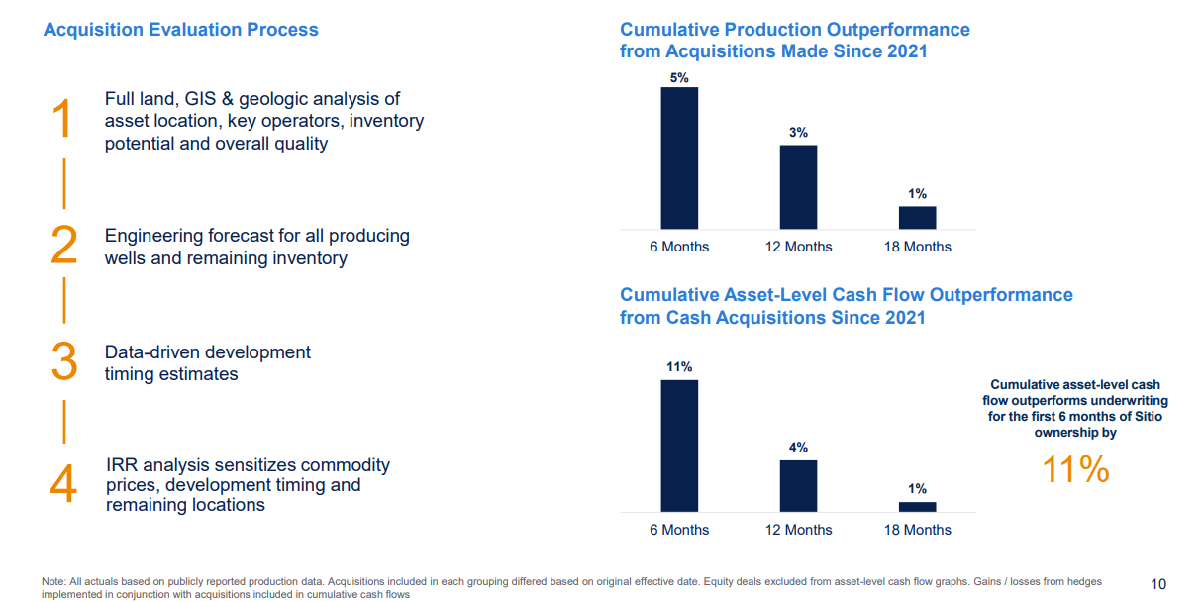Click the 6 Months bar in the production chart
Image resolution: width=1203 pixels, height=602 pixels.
[x=679, y=158]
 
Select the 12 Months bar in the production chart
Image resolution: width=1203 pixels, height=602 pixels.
[x=798, y=187]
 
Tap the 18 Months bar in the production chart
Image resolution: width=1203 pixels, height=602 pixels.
[x=917, y=218]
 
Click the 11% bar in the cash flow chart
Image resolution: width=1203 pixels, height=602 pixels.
[x=679, y=446]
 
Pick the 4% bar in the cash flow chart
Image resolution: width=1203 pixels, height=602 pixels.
[x=798, y=485]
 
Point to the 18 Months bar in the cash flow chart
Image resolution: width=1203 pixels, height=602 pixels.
[x=917, y=506]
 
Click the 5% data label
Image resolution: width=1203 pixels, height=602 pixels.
[x=679, y=77]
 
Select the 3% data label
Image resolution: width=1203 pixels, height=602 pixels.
[x=798, y=133]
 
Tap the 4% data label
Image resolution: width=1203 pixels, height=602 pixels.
[x=798, y=448]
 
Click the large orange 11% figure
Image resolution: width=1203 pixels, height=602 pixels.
[x=1075, y=470]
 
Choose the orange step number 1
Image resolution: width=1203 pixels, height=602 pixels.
[x=62, y=120]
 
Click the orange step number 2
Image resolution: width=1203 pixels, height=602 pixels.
[x=63, y=246]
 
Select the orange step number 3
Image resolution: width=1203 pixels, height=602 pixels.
[x=63, y=361]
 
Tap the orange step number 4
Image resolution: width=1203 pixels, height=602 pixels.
[x=63, y=485]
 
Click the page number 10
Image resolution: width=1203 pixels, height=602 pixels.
[x=1159, y=583]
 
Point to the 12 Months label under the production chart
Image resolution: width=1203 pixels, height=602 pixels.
[x=798, y=247]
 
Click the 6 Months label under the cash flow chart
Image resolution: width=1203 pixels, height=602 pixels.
[x=679, y=530]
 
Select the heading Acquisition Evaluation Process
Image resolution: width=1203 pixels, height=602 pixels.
[x=181, y=30]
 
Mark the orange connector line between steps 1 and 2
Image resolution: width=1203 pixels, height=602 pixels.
[x=64, y=182]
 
